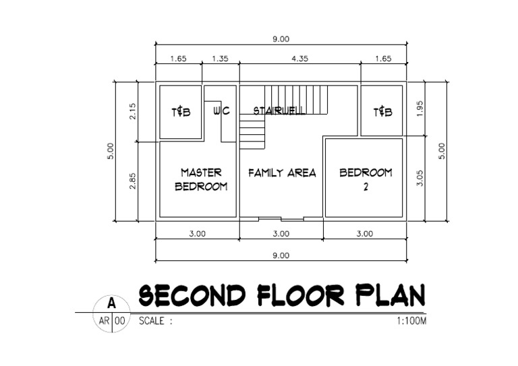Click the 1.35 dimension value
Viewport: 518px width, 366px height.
(x=220, y=59)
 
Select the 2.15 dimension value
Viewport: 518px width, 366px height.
(x=133, y=111)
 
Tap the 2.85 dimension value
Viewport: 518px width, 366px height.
(x=133, y=181)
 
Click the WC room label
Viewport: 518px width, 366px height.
(x=221, y=111)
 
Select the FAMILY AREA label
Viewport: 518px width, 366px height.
(x=282, y=173)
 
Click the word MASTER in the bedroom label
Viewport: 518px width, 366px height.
(x=201, y=173)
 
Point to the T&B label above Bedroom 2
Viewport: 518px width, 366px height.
(x=382, y=112)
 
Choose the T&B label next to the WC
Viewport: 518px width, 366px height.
(x=181, y=112)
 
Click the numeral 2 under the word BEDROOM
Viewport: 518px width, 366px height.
(x=366, y=188)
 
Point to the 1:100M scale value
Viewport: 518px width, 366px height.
(x=412, y=322)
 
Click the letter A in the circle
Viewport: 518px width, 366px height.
(x=111, y=305)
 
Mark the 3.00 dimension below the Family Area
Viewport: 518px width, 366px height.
(x=281, y=234)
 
